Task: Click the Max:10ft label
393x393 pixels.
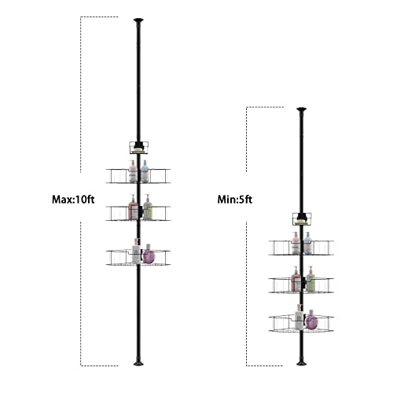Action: (x=73, y=200)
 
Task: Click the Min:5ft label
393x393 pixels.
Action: (x=235, y=200)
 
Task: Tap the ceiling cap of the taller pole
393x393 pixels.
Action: (x=138, y=20)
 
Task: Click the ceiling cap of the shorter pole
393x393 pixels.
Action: (x=302, y=109)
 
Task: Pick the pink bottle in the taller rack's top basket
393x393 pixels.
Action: (x=133, y=171)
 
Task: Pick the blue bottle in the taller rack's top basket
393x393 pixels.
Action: (x=145, y=171)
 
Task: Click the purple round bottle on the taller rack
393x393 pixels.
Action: (x=149, y=254)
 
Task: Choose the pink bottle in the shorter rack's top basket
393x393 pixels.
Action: (x=296, y=243)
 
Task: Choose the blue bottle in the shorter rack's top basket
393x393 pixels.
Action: (x=307, y=243)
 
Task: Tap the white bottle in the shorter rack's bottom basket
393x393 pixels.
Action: (x=299, y=317)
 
